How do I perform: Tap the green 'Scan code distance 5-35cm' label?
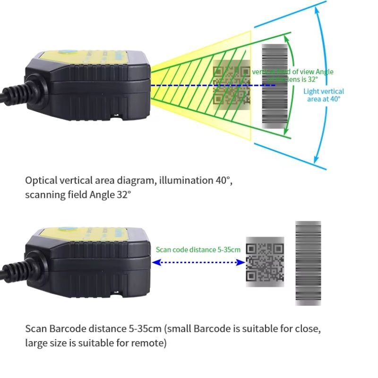coord(198,249)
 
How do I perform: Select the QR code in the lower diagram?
coord(265,262)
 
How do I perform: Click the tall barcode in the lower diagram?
coord(308,263)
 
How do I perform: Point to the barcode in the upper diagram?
coord(275,86)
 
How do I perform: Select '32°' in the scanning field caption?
coord(121,194)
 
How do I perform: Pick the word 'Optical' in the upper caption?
coord(41,180)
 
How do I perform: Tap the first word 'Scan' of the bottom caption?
coord(35,328)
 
